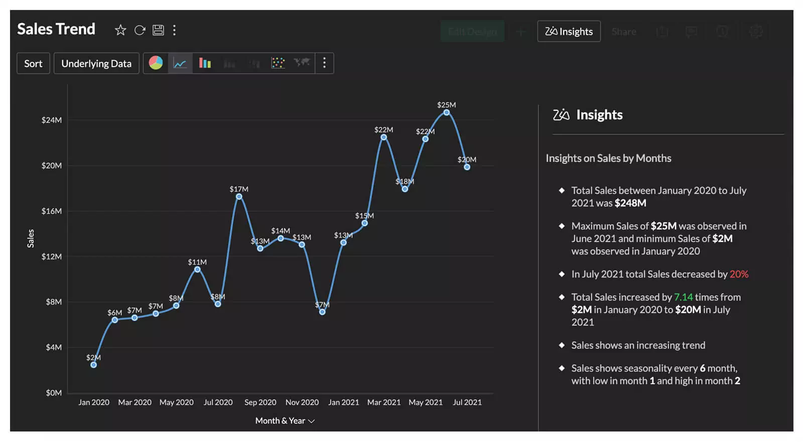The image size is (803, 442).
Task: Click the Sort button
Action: point(33,64)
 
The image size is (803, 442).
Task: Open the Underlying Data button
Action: point(96,64)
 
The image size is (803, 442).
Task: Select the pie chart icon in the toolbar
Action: point(156,63)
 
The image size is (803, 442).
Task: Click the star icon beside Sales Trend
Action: point(120,30)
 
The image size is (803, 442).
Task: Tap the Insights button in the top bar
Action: point(569,32)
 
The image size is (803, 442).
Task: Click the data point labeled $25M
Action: point(446,112)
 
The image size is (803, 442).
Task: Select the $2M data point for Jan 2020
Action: point(94,365)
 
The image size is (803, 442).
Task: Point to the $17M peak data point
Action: point(239,196)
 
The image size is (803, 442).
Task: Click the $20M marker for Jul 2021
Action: point(467,167)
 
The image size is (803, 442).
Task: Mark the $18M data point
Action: point(405,189)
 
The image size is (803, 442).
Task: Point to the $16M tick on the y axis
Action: point(52,211)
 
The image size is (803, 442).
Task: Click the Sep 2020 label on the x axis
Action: point(260,402)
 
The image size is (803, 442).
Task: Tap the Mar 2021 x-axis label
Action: point(384,402)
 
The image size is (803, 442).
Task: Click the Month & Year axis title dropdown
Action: point(285,421)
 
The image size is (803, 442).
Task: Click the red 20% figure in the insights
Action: point(739,274)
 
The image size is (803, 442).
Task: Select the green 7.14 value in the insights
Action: point(683,297)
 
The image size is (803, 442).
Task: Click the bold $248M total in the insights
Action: point(630,203)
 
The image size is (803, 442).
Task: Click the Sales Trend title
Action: point(56,29)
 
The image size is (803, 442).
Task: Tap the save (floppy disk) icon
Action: point(158,30)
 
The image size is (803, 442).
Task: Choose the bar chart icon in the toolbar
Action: point(205,63)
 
